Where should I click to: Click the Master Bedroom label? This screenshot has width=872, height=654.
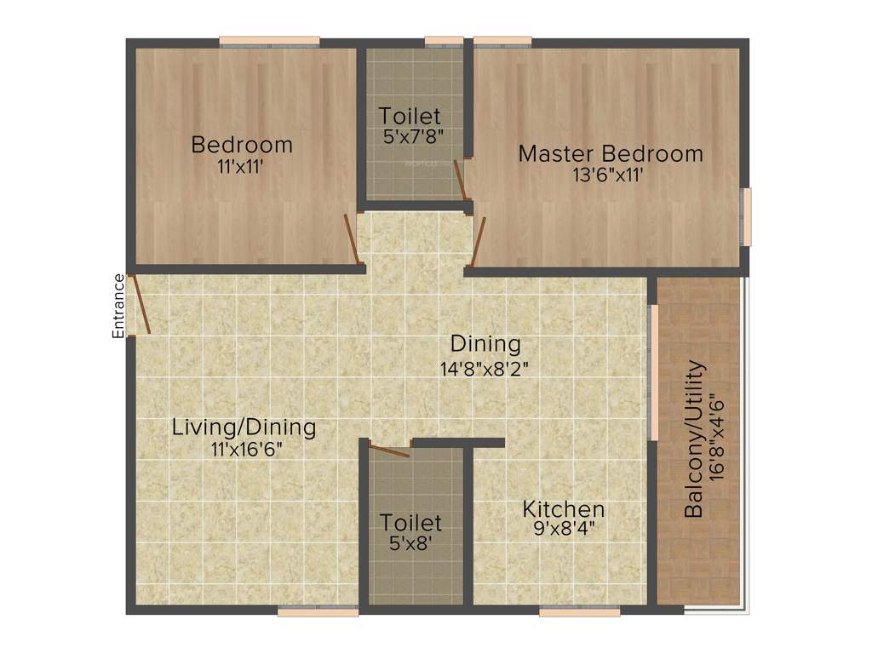(x=611, y=154)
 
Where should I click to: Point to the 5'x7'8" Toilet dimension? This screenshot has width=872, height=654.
(x=410, y=135)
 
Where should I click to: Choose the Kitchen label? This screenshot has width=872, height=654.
(x=564, y=509)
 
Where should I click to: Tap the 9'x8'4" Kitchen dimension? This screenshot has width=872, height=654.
(x=564, y=528)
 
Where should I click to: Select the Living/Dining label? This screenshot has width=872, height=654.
(x=244, y=427)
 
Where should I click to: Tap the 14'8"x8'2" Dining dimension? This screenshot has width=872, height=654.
(x=485, y=368)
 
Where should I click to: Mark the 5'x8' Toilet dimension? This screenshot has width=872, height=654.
(x=411, y=542)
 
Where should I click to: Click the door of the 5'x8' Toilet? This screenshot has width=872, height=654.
(x=390, y=449)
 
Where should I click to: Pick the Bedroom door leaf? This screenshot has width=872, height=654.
(x=350, y=240)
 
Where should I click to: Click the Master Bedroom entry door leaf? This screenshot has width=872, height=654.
(x=479, y=242)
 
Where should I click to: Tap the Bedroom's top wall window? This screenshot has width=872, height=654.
(x=269, y=41)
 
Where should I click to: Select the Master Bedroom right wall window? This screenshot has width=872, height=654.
(x=747, y=216)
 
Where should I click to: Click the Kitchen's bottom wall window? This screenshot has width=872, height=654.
(x=579, y=611)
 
